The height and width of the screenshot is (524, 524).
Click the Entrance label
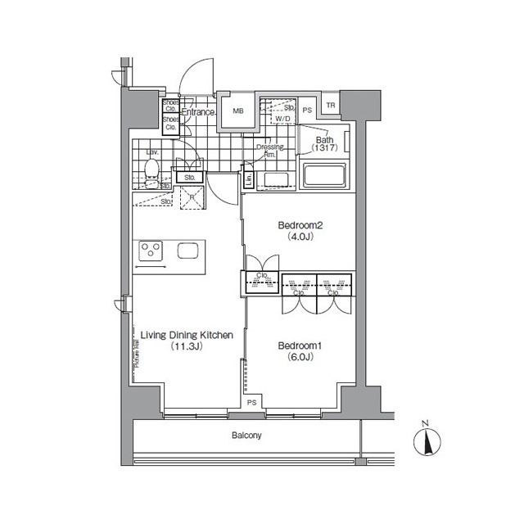tap(197, 111)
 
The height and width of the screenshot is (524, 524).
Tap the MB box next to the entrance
tap(238, 111)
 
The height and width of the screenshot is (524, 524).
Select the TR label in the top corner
tap(331, 105)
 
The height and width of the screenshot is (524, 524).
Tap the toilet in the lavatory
tap(151, 169)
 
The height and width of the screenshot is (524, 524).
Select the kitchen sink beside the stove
tap(187, 250)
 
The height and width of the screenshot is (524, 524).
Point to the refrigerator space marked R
tap(192, 196)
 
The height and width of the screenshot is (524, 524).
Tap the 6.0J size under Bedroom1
tap(298, 357)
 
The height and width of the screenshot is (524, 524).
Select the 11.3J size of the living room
tap(187, 346)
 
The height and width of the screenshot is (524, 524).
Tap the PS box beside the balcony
tap(252, 402)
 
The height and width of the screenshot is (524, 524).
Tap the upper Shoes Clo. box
tap(170, 106)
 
